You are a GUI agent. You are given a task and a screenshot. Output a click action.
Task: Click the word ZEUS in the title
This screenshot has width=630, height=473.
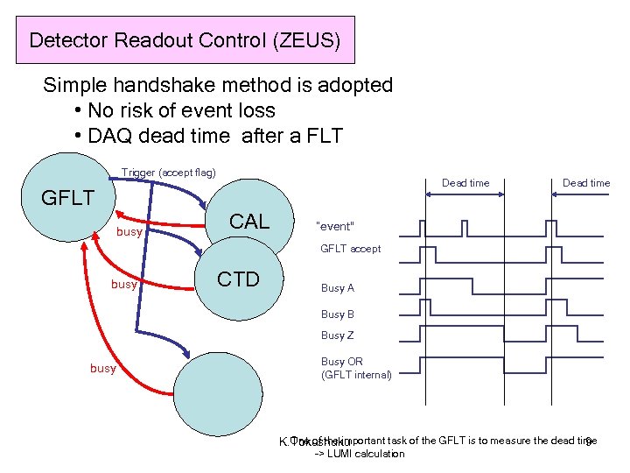click(x=313, y=40)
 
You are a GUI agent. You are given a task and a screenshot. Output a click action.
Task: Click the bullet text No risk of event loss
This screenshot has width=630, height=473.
click(x=181, y=110)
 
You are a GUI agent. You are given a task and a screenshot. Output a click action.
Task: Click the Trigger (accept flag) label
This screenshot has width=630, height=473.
click(x=168, y=173)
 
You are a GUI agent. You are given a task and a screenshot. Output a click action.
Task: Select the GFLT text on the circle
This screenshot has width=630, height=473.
click(x=68, y=198)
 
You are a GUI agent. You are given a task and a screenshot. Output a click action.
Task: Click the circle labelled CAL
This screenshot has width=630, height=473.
click(x=249, y=222)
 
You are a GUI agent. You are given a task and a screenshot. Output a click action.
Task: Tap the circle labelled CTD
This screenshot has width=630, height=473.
click(x=239, y=279)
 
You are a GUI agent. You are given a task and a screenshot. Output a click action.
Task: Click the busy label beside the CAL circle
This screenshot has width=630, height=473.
click(x=129, y=233)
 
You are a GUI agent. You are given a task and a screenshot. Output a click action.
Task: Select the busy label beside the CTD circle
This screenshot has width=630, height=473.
click(x=123, y=285)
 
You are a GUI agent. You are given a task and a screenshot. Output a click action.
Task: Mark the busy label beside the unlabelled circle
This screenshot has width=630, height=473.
click(x=102, y=369)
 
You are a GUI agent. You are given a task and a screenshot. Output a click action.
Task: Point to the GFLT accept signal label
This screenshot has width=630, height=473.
click(x=350, y=249)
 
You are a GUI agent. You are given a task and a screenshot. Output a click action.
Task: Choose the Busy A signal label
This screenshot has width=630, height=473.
click(x=338, y=288)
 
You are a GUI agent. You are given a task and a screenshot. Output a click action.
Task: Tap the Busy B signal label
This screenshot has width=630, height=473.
click(x=338, y=314)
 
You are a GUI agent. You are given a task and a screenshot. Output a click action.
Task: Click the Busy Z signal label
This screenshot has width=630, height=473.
click(x=338, y=335)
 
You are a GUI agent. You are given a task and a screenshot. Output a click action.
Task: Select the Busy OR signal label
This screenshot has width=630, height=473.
click(x=342, y=361)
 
